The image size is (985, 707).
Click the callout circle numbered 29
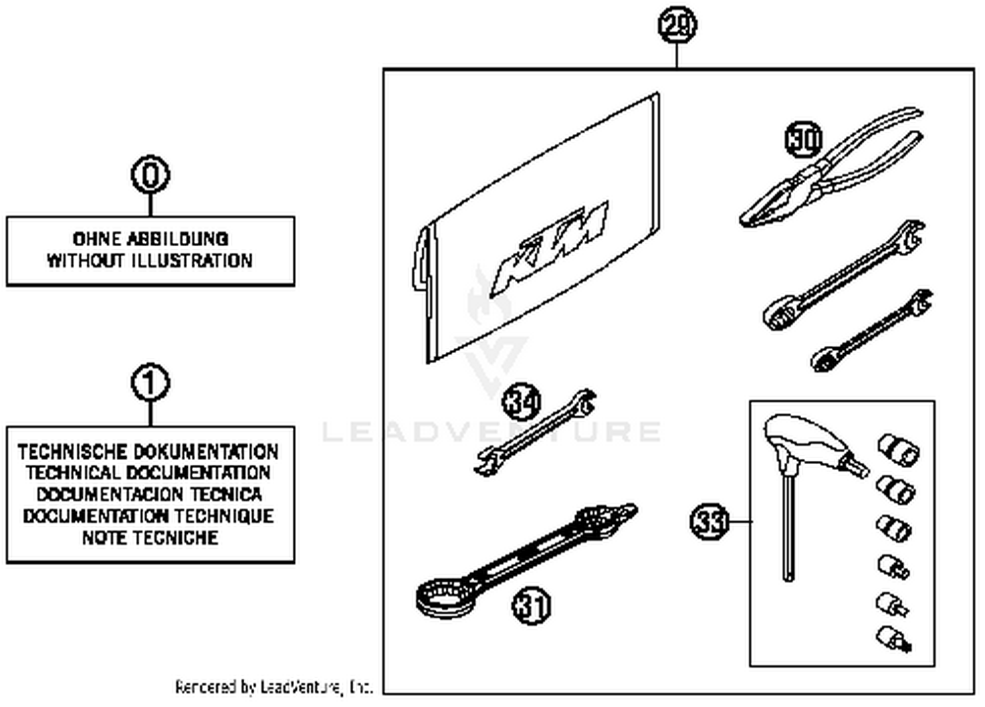pos(677,25)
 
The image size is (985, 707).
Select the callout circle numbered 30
pos(804,139)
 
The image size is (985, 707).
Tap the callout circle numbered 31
pos(531,605)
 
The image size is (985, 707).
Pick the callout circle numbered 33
pos(709,522)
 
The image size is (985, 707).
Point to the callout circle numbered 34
pos(521,402)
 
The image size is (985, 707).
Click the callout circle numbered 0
pos(150,175)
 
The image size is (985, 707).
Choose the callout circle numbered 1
pos(150,383)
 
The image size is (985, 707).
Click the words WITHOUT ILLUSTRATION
pos(150,261)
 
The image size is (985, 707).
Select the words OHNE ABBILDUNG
pos(150,238)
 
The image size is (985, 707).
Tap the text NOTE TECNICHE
pos(150,538)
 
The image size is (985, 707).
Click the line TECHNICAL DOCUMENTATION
pos(148,473)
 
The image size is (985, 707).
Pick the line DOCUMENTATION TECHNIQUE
pos(148,516)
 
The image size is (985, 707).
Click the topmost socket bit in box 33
pos(898,450)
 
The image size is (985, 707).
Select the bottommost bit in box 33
pos(894,638)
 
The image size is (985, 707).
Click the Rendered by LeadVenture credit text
pos(274,687)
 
